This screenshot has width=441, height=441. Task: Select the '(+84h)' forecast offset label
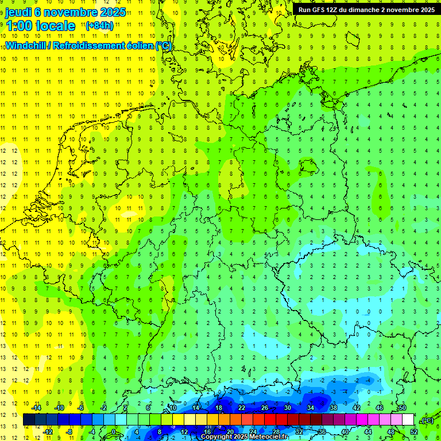click(x=99, y=26)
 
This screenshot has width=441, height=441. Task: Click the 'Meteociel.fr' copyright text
click(x=269, y=437)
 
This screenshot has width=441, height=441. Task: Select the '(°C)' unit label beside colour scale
click(x=427, y=420)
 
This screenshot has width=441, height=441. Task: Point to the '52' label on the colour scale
click(x=413, y=432)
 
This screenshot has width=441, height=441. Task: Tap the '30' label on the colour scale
click(x=287, y=408)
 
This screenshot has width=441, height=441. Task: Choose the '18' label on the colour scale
click(x=218, y=408)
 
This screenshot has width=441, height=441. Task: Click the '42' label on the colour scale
click(x=356, y=408)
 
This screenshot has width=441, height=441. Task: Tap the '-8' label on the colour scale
click(x=69, y=432)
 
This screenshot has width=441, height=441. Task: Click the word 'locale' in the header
click(x=55, y=26)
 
